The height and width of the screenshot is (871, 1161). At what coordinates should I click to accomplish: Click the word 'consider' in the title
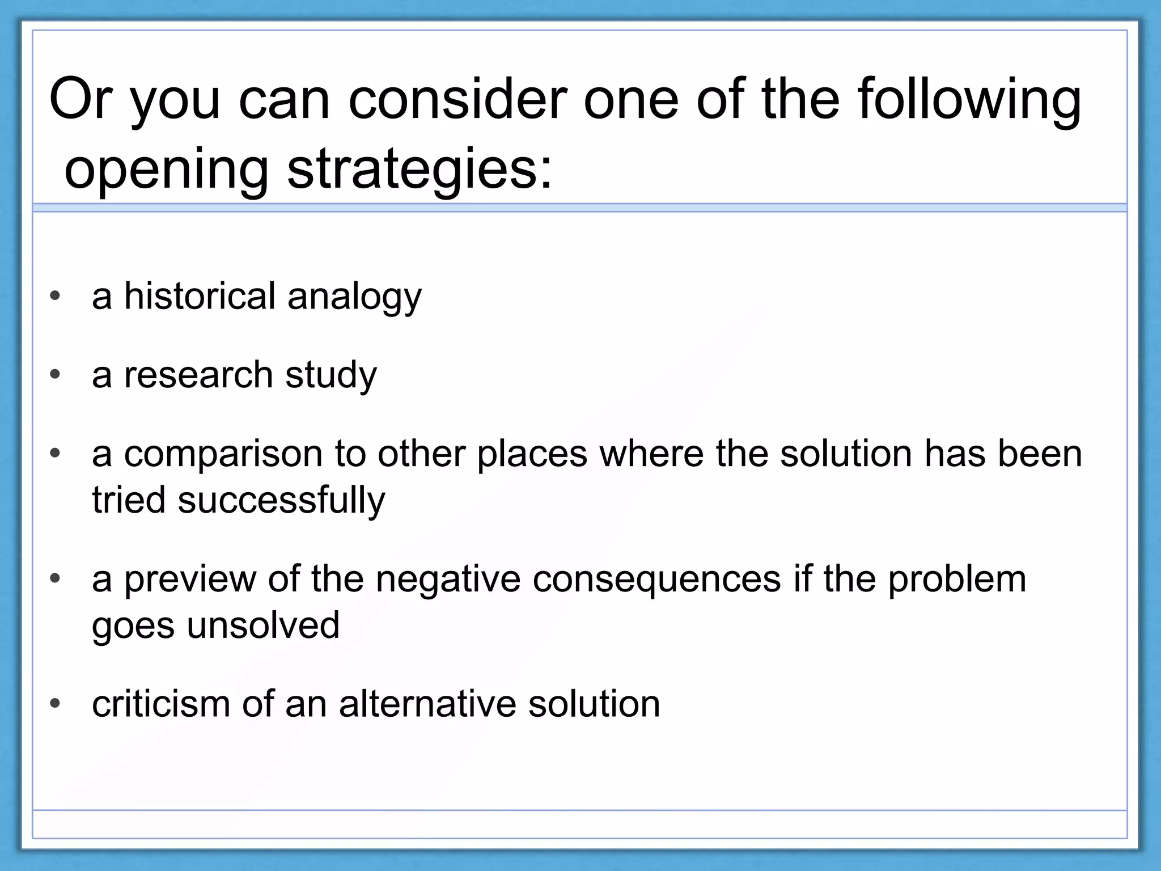[457, 99]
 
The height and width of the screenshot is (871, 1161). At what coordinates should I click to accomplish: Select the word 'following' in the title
[969, 99]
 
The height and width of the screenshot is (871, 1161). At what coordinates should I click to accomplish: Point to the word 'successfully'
[281, 501]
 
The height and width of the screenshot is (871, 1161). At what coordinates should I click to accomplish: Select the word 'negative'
[447, 580]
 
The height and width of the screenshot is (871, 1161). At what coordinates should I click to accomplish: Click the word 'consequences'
[656, 580]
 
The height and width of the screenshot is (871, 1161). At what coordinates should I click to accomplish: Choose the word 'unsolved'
[263, 625]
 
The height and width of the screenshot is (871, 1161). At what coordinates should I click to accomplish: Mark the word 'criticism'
[160, 704]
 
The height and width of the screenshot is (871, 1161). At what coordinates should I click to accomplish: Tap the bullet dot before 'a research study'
[55, 375]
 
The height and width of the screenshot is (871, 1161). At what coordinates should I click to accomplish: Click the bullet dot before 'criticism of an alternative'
[55, 704]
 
